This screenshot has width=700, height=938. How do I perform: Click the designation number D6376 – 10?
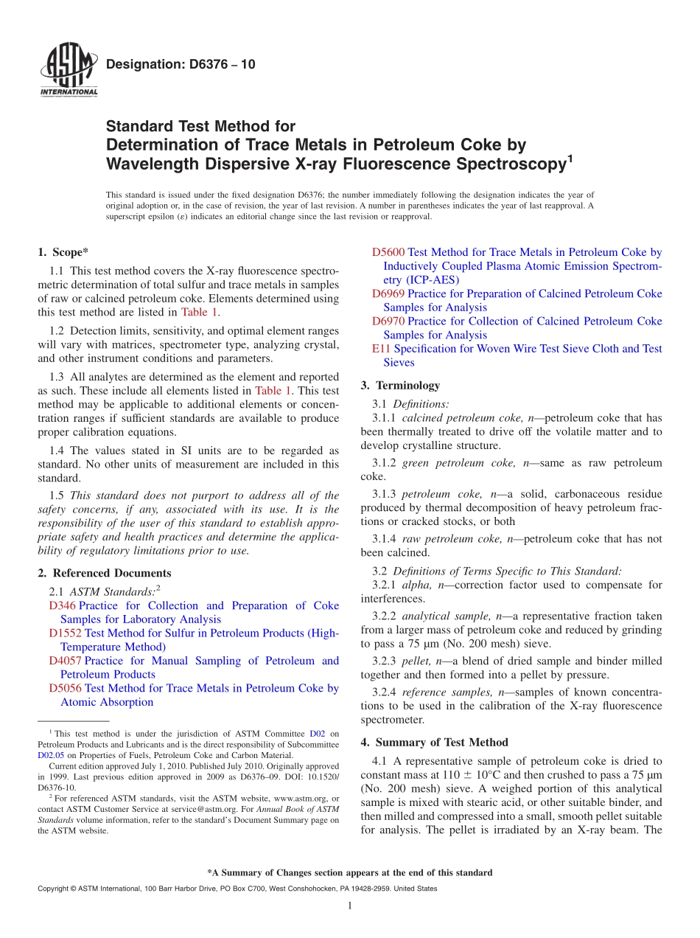[x=181, y=64]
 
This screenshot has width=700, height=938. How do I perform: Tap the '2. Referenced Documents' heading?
[x=105, y=573]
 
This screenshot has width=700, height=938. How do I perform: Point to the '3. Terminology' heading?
[x=400, y=385]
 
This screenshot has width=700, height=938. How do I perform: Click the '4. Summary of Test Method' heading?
[x=434, y=742]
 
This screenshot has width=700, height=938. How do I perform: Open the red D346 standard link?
[x=62, y=605]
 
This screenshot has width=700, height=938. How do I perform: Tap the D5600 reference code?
[x=388, y=252]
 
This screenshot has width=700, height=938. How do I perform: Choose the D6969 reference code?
[x=388, y=293]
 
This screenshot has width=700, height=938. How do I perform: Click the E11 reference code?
[x=381, y=348]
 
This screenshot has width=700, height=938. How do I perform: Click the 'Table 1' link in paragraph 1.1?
[x=200, y=312]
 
